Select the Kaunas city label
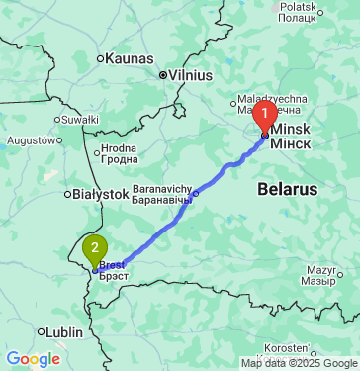[124, 58]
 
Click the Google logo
[33, 358]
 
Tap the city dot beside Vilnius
[163, 74]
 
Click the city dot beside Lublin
[42, 332]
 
